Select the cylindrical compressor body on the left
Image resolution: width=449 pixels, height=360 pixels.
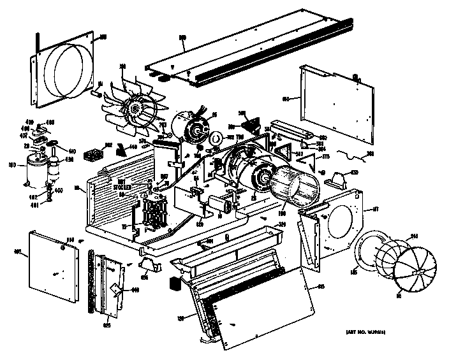[x=33, y=171]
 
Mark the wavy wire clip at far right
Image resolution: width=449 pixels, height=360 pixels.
[x=350, y=154]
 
